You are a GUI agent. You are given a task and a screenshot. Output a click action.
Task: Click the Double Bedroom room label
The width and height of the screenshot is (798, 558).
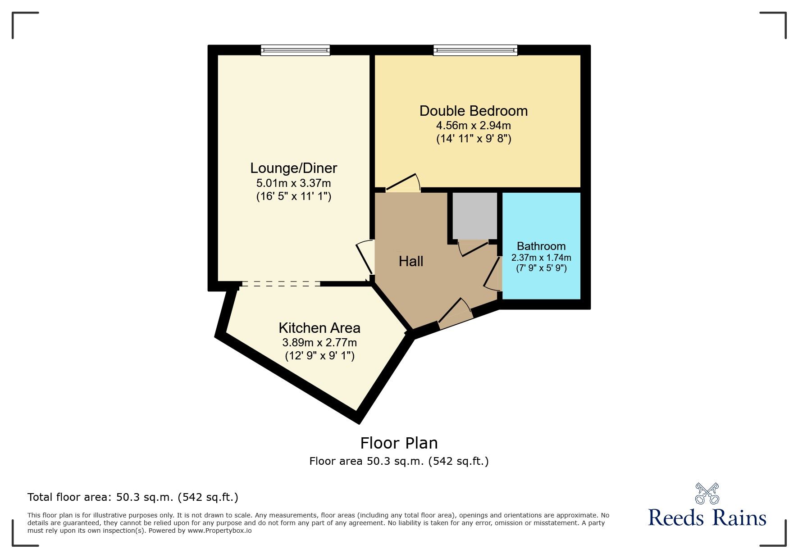point(473,111)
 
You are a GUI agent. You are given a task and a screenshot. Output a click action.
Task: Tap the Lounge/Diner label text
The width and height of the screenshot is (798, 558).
point(293,168)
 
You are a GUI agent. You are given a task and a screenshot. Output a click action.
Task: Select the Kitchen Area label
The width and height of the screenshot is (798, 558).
point(319,327)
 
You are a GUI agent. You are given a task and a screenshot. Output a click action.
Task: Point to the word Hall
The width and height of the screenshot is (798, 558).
point(411,261)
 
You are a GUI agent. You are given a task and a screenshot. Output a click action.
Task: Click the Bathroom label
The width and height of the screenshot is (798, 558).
point(541,246)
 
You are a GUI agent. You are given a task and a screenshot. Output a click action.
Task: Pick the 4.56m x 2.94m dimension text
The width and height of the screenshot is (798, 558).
point(473,125)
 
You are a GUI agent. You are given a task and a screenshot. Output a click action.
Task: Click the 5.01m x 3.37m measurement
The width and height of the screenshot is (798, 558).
point(293,183)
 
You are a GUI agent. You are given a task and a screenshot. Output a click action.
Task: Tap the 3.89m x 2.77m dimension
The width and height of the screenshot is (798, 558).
point(319,342)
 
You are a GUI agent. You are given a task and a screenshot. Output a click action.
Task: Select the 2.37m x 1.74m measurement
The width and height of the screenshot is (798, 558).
point(541,258)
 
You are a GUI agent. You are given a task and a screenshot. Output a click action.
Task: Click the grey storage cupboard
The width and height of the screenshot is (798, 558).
point(474,216)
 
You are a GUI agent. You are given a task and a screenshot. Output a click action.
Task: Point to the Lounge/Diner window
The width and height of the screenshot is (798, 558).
point(295,50)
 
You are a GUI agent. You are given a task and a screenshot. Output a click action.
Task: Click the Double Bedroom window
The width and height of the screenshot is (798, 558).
point(475,50)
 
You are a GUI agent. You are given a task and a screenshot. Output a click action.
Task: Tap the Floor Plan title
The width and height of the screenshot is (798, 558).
point(399,443)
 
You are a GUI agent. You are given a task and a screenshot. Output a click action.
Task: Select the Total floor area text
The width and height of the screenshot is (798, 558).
point(133,497)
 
